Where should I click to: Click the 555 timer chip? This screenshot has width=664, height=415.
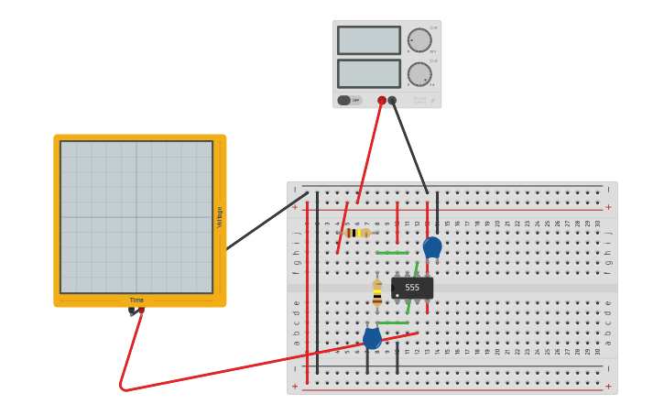[x=412, y=288]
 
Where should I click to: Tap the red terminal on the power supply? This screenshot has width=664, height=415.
[x=382, y=101]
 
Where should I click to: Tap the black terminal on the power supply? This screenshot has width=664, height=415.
[x=392, y=101]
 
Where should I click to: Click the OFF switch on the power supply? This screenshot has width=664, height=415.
[x=344, y=101]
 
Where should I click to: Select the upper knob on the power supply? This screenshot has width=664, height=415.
[x=419, y=40]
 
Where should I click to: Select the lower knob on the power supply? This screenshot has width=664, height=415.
[x=419, y=74]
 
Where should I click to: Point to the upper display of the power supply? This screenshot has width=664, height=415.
[x=368, y=40]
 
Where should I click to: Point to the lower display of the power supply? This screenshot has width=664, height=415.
[x=368, y=73]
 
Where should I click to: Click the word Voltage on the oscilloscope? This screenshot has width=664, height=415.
[x=220, y=217]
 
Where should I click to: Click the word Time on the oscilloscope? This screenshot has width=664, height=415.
[x=136, y=300]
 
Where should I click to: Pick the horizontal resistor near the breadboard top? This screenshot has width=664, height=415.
[x=357, y=233]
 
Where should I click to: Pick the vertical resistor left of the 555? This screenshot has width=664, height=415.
[x=377, y=293]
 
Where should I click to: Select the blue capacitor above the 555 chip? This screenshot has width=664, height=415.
[x=432, y=247]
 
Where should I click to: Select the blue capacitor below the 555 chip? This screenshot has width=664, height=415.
[x=372, y=338]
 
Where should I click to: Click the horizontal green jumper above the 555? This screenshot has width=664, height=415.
[x=392, y=253]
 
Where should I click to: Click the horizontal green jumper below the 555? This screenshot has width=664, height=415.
[x=392, y=322]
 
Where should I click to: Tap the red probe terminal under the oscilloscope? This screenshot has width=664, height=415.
[x=141, y=311]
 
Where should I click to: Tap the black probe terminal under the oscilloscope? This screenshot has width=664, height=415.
[x=132, y=312]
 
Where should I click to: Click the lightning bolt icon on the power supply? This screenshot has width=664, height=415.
[x=433, y=101]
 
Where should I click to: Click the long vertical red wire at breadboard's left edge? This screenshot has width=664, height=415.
[x=307, y=293]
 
